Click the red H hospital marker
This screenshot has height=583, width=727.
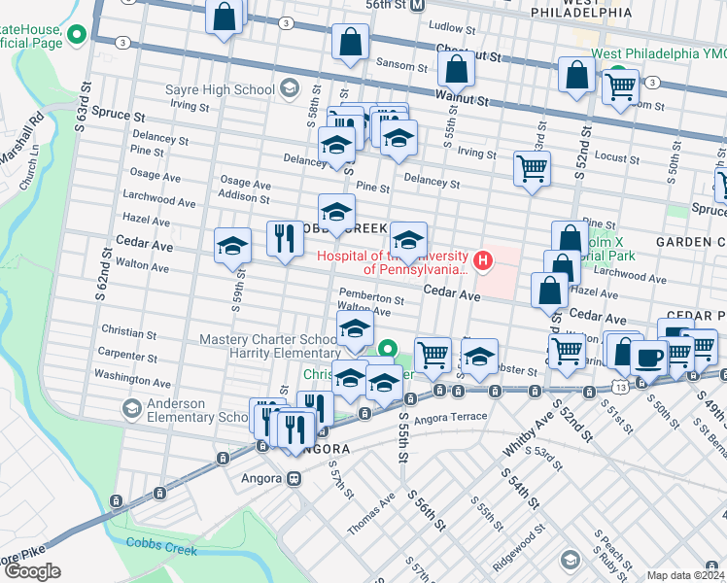tap(480, 260)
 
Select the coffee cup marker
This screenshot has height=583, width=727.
tap(648, 356)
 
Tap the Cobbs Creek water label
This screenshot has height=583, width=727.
tap(160, 550)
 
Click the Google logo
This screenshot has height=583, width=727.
tap(32, 571)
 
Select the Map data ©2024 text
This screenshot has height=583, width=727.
tap(686, 575)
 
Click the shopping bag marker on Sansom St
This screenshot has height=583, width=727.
tap(350, 42)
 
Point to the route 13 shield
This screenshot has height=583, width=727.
tap(618, 386)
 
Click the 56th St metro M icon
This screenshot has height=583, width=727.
tap(417, 5)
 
